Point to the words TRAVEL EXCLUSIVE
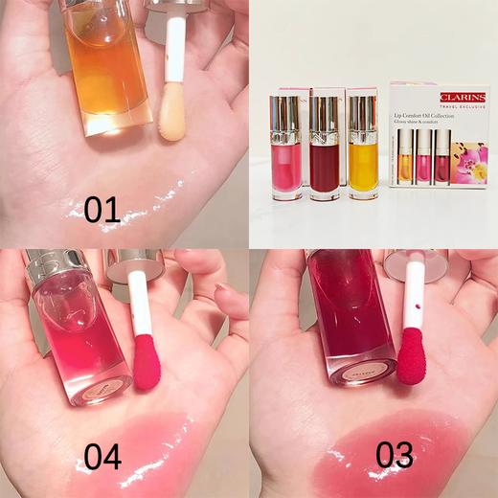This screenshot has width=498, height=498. point(464,106)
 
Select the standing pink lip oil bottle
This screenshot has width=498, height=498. point(286,148)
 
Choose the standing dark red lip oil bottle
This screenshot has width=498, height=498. point(325,148)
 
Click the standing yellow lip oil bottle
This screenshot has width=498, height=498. point(364,148)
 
